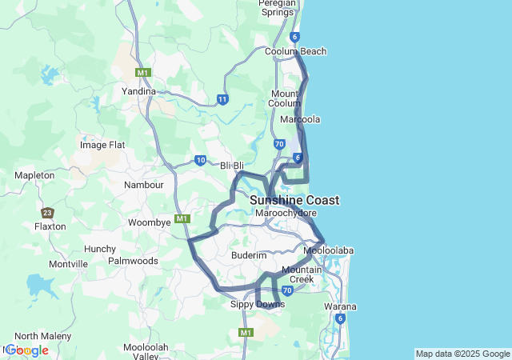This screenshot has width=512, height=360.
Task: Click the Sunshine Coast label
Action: [x=294, y=200]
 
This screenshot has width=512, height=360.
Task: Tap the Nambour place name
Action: [x=144, y=185]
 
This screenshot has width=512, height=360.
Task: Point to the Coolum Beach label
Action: [x=296, y=51]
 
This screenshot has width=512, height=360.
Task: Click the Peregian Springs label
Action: [x=278, y=8]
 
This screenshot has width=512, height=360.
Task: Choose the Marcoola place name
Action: [x=300, y=119]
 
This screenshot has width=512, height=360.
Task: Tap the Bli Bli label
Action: [x=232, y=166]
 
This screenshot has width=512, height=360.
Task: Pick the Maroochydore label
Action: [x=286, y=214]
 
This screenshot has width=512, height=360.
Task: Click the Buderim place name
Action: [x=248, y=254]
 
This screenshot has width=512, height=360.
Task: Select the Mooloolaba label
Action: [x=329, y=250]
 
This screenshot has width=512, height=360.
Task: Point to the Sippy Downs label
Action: [x=257, y=304]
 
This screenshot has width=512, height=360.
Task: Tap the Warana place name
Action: [x=340, y=306]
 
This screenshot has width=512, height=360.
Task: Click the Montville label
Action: [x=68, y=263]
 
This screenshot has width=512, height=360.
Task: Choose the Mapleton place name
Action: [x=34, y=175]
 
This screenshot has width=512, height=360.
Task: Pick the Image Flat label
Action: [x=103, y=145]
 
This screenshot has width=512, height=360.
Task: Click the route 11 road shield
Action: [x=222, y=99]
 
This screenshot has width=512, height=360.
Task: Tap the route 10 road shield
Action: [x=200, y=160]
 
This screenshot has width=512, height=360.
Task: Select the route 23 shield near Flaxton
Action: [x=48, y=213]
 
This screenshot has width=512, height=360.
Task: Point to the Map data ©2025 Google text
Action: [x=462, y=354]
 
